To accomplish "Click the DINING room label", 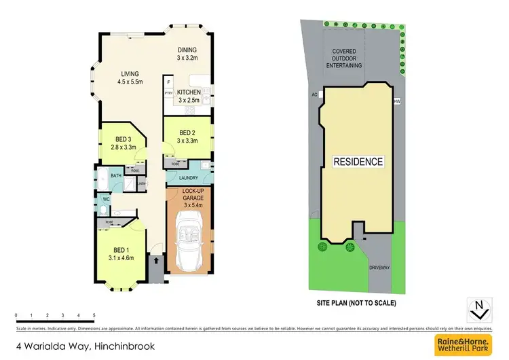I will pos(187,54).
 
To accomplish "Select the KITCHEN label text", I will pos(189,96).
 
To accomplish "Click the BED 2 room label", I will pos(188,137).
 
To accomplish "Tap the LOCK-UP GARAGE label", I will pos(189,198).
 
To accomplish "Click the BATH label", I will pos(116,175).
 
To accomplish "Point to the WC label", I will pos(106,200).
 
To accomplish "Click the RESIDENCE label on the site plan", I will pos(358,162).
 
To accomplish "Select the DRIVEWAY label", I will pos(379,268).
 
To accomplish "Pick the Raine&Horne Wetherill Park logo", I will pos(468,345).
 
